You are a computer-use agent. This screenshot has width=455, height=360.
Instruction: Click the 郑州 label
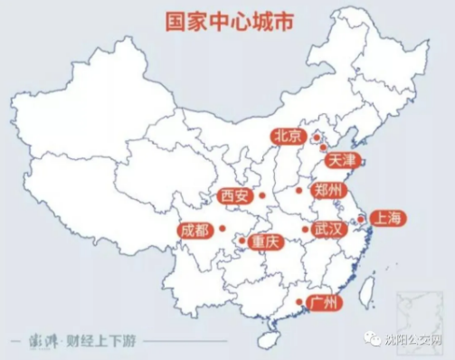point(326,191)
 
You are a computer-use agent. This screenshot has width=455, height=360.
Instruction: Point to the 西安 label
point(235,195)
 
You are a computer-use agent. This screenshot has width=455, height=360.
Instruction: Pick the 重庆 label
point(268,242)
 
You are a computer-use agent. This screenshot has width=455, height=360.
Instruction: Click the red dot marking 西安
point(261,195)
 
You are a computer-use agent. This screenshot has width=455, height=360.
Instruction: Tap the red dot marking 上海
point(360,218)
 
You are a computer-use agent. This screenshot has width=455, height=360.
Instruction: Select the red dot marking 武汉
point(305,229)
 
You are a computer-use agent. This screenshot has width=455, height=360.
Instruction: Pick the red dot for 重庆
point(242,242)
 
